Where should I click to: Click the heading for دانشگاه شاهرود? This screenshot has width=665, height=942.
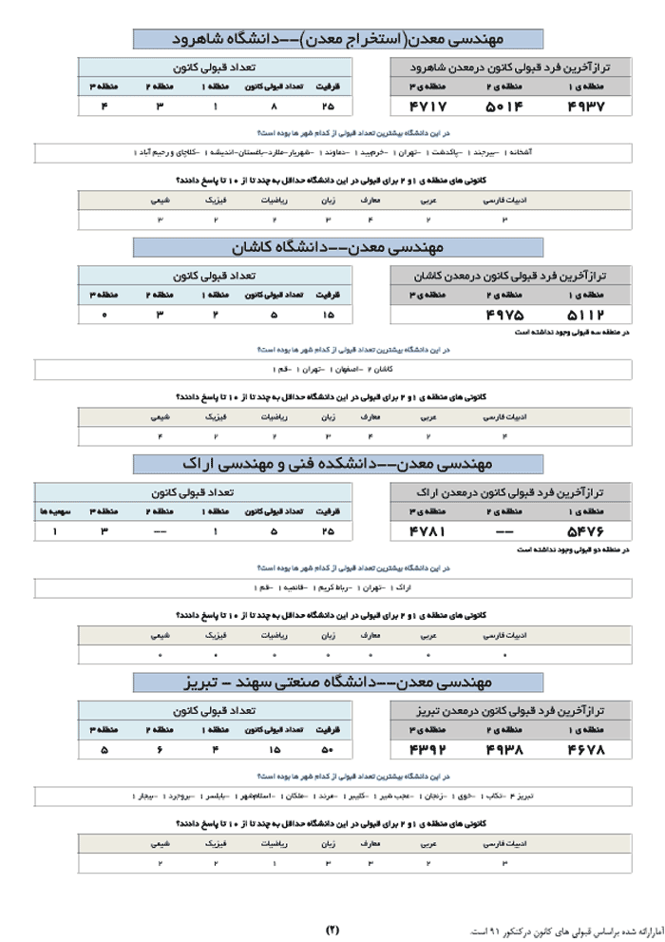pos(338,39)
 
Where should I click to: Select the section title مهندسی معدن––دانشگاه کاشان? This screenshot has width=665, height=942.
pos(338,248)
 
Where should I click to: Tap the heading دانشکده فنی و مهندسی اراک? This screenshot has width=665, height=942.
pos(338,464)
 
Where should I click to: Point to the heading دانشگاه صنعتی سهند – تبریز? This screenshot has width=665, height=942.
pos(338,682)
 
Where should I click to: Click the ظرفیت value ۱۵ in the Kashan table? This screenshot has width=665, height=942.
pos(329,315)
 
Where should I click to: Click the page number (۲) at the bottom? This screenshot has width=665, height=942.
pos(332,929)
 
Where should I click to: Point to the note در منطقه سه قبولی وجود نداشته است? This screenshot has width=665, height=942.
pos(572,333)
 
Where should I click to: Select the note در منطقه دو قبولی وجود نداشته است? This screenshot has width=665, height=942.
pos(574,549)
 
